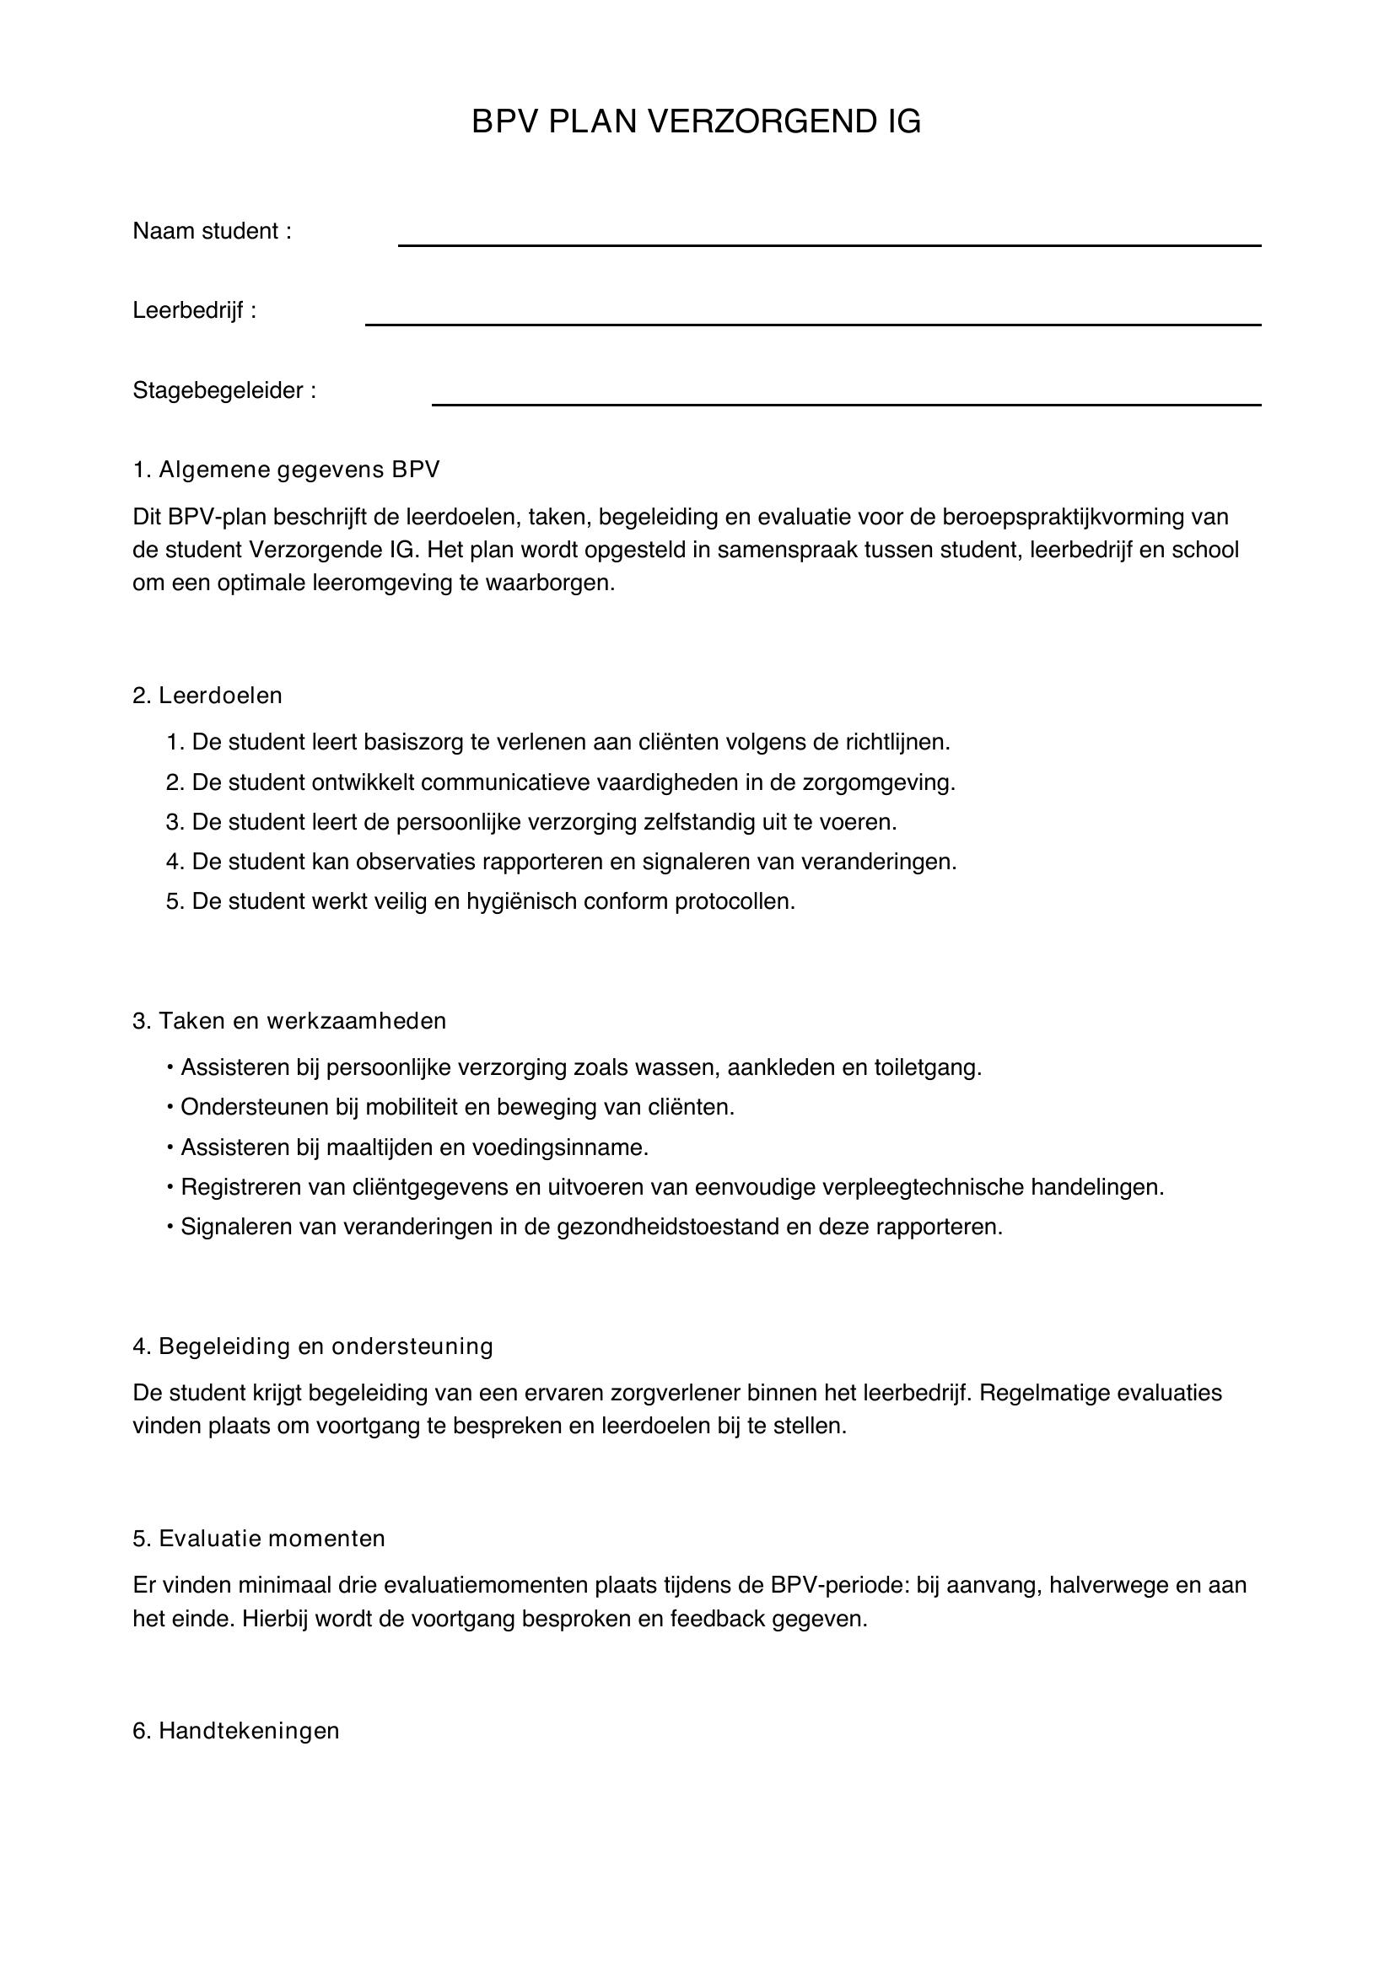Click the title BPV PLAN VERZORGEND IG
point(697,122)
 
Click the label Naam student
point(212,231)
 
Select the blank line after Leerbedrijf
point(812,323)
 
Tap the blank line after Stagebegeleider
point(846,403)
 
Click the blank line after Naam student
point(829,244)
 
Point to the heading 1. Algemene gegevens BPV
point(286,470)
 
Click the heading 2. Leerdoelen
point(207,695)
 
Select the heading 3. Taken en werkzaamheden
point(289,1020)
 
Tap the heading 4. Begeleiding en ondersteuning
point(313,1346)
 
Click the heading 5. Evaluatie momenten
point(259,1539)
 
